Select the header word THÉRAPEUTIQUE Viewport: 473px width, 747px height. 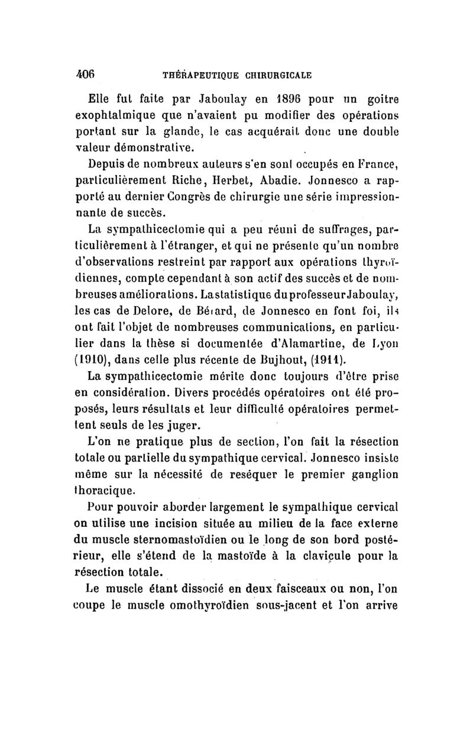coord(192,76)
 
